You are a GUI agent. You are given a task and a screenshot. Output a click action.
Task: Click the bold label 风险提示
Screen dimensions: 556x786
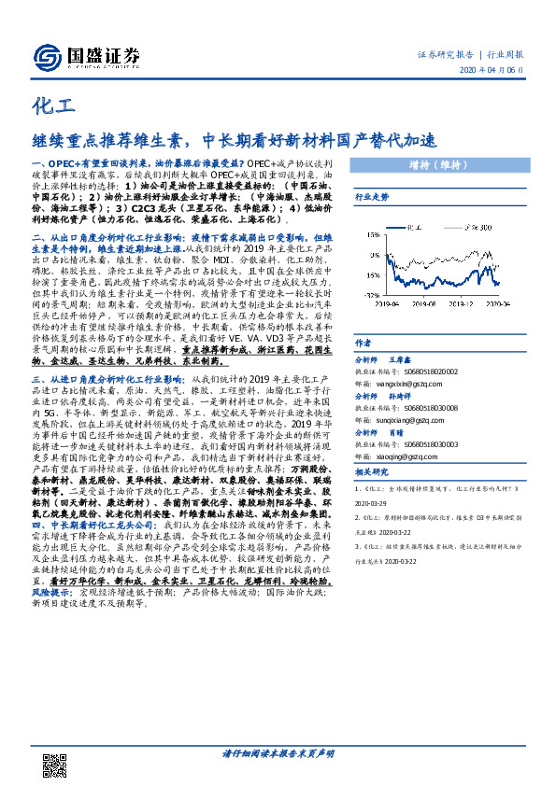point(52,592)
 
